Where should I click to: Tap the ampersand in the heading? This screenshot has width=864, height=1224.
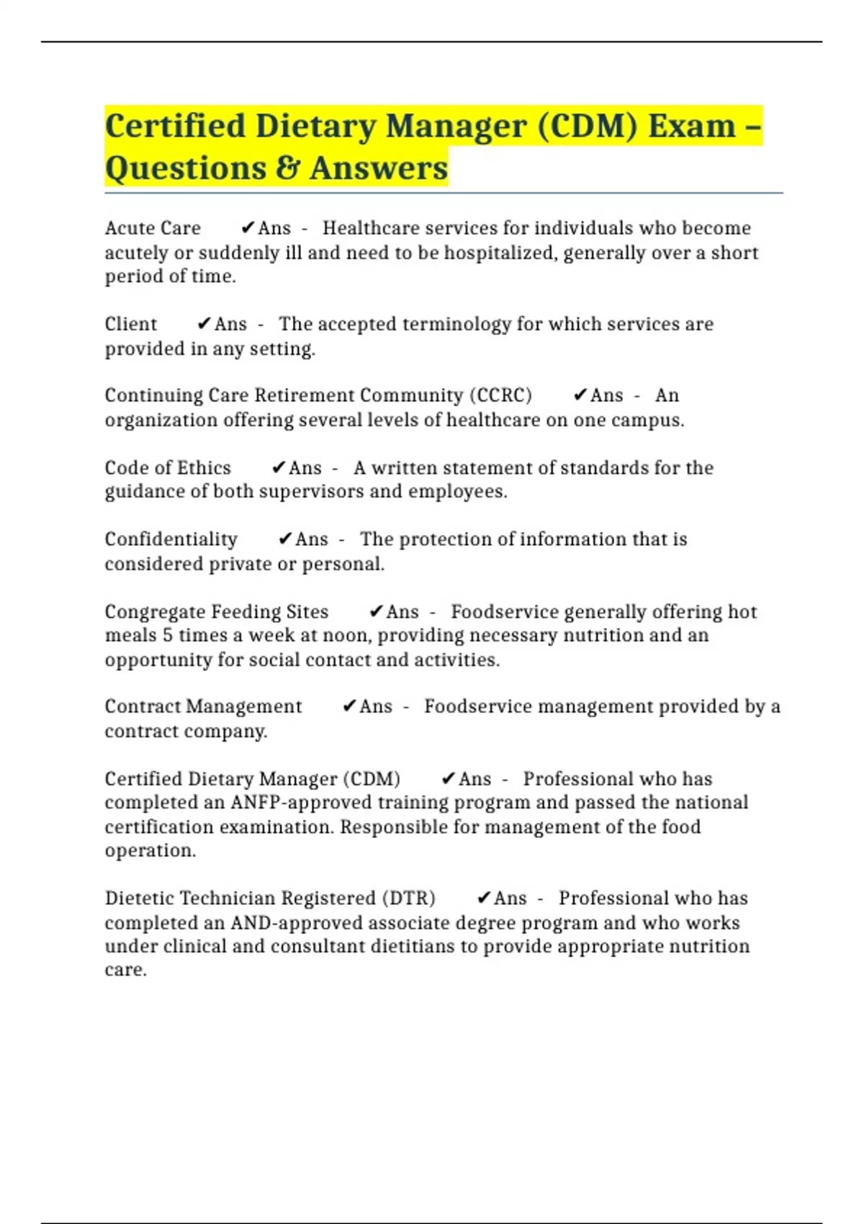coord(288,168)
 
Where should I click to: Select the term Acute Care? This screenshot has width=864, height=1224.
coord(153,228)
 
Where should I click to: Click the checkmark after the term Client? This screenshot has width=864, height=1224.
coord(204,324)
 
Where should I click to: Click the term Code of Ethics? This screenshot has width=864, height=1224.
coord(168,468)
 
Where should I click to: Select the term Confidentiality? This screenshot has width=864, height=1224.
coord(171,539)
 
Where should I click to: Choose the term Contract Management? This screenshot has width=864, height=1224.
coord(203,706)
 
